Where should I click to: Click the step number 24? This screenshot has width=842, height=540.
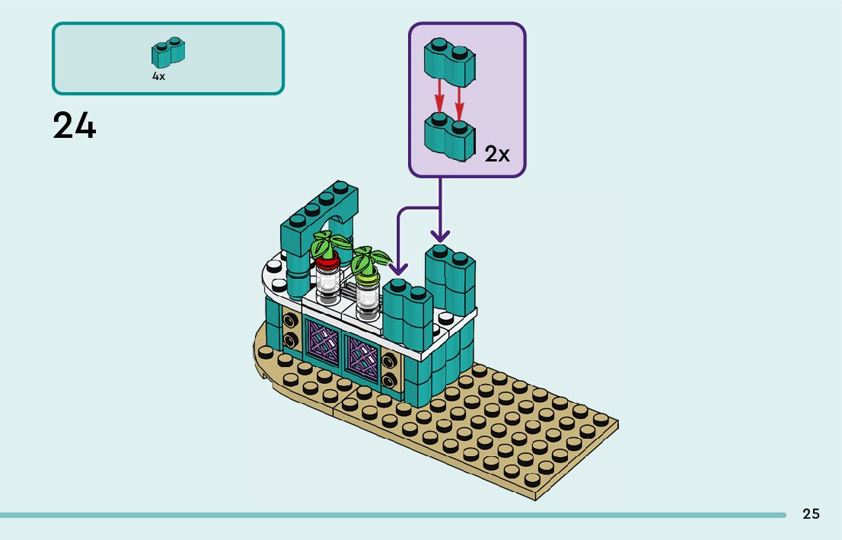(x=75, y=126)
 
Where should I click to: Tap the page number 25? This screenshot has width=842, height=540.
(x=811, y=514)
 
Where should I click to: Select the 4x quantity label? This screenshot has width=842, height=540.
(x=158, y=76)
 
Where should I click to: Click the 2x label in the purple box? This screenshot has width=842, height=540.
(x=497, y=154)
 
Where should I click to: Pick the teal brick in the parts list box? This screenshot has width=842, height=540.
(x=169, y=53)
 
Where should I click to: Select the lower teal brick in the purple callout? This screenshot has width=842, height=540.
(x=449, y=137)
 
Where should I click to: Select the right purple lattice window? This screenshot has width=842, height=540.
(x=362, y=355)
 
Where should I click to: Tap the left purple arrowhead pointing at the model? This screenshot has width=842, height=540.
(x=397, y=268)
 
